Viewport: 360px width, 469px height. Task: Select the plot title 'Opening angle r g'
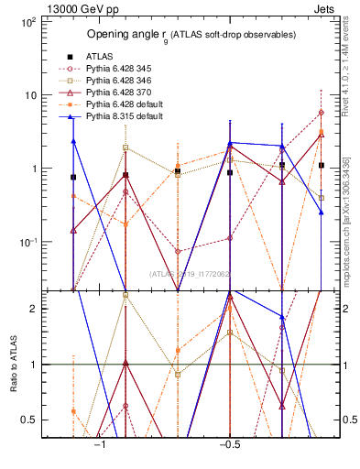191,35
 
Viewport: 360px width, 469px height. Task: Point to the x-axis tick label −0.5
227,445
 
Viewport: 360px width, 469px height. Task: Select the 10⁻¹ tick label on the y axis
26,242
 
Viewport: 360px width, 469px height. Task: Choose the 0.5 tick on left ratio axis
29,420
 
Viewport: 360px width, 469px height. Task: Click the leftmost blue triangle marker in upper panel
73,141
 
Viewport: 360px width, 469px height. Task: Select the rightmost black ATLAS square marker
322,166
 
